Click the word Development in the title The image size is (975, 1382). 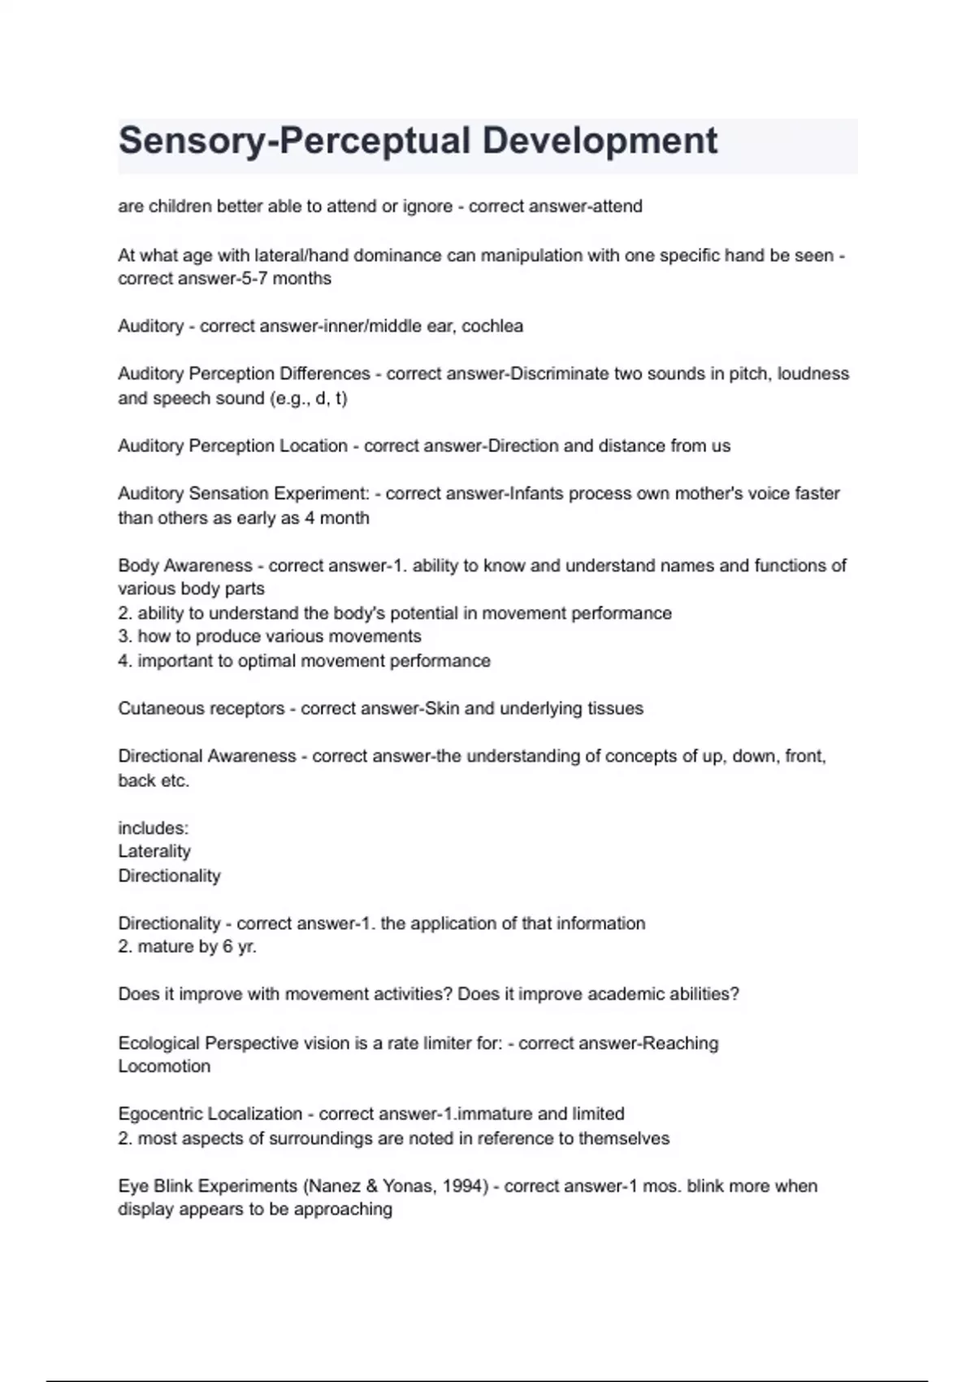[x=600, y=141]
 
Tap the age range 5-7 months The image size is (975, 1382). [x=296, y=279]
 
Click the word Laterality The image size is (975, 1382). [x=154, y=851]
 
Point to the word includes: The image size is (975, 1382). [x=153, y=828]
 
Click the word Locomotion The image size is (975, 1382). [x=164, y=1066]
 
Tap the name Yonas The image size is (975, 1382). [x=409, y=1186]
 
